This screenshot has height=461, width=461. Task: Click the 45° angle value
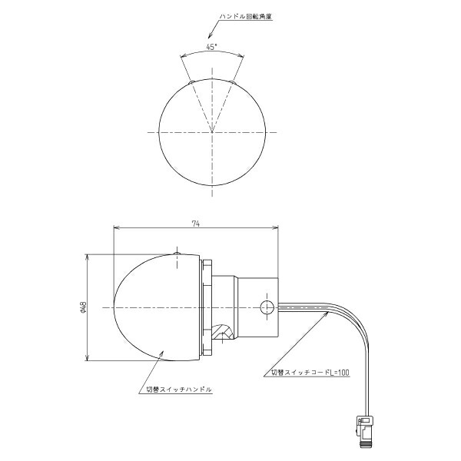coord(211,47)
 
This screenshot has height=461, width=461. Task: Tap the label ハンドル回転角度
coord(246,16)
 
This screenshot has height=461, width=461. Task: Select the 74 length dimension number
coord(196,224)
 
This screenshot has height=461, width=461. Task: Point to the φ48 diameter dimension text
coord(83,307)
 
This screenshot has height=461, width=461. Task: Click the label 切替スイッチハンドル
coord(179,390)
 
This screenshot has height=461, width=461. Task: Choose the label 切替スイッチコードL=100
coord(310,373)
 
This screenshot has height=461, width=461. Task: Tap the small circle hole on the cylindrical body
coord(267,307)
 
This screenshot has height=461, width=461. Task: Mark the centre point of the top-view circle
coord(212,132)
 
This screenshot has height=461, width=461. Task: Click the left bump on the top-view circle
coord(191,82)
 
